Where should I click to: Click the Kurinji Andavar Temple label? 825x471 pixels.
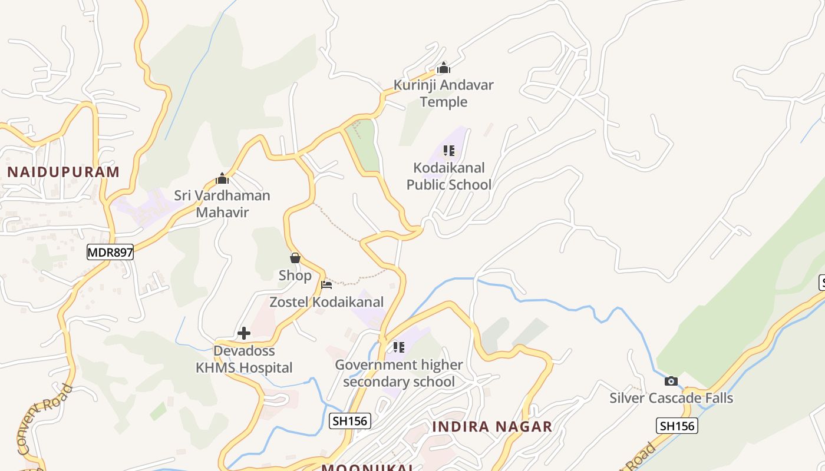point(443,93)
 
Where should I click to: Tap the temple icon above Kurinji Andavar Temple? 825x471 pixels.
point(444,68)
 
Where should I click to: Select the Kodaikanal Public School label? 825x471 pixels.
point(448,176)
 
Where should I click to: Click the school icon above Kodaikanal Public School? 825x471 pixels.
point(449,151)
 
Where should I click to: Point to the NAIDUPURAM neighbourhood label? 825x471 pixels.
point(63,172)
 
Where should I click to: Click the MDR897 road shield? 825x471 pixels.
point(110,253)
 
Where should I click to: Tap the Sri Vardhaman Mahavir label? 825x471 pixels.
point(222,204)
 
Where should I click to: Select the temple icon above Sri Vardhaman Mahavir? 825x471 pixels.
point(222,178)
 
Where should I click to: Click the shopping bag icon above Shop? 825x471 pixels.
point(295,258)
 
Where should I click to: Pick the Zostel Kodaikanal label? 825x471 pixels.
point(326,302)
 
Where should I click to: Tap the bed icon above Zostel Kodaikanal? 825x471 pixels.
point(326,285)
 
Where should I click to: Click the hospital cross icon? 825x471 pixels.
point(243,334)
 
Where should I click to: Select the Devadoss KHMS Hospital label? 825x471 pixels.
point(245,359)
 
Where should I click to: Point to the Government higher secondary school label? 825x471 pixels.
point(399,373)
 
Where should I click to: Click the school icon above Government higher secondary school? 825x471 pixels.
point(399,347)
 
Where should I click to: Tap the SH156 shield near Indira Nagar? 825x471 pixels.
point(349,420)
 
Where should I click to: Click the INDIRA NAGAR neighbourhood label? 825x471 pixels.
point(492,426)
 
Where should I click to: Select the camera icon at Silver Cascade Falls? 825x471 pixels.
point(671,381)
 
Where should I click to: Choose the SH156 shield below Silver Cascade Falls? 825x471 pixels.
point(677,425)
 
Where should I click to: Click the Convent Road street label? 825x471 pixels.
point(45,420)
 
